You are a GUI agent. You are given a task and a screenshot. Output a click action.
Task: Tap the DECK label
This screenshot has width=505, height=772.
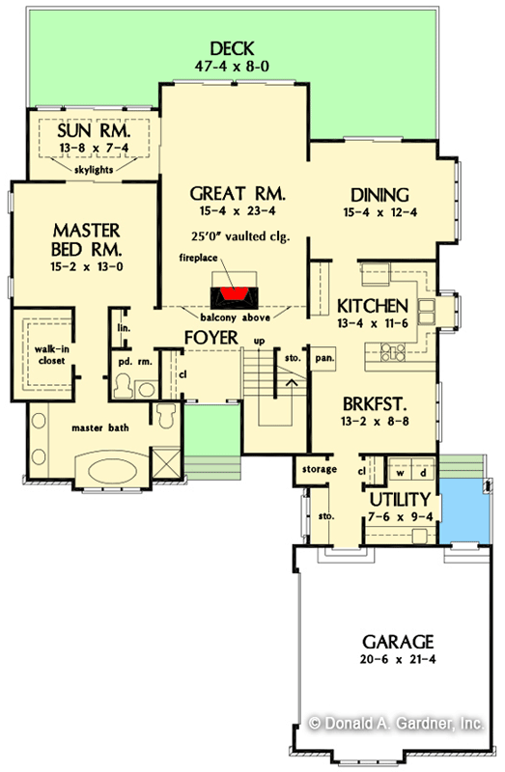(230, 48)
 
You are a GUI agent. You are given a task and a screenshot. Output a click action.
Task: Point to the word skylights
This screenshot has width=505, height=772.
(94, 168)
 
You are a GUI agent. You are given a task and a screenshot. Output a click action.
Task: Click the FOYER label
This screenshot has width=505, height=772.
(212, 339)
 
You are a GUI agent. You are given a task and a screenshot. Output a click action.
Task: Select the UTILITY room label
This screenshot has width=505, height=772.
(399, 499)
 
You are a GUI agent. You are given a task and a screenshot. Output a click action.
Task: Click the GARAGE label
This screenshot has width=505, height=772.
(398, 641)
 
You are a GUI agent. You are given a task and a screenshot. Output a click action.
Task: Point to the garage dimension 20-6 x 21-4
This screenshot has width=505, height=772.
(398, 661)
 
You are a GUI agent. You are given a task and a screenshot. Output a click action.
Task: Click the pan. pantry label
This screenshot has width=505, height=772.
(323, 358)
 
